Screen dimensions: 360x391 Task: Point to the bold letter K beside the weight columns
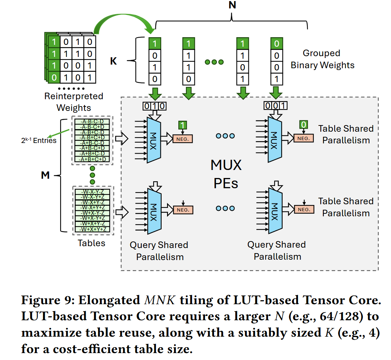click(113, 61)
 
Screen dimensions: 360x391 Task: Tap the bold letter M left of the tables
click(45, 175)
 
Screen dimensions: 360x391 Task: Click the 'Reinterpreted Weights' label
click(74, 102)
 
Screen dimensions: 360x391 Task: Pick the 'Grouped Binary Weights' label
click(322, 59)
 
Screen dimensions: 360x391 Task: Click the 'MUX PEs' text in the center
click(226, 174)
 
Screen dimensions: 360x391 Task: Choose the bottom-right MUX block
click(274, 211)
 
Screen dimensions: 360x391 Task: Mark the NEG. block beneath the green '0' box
click(304, 139)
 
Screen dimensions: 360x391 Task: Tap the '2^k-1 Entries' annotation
click(39, 140)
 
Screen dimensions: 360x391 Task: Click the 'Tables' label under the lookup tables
click(92, 243)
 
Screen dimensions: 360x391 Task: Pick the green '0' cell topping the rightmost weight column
click(276, 44)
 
